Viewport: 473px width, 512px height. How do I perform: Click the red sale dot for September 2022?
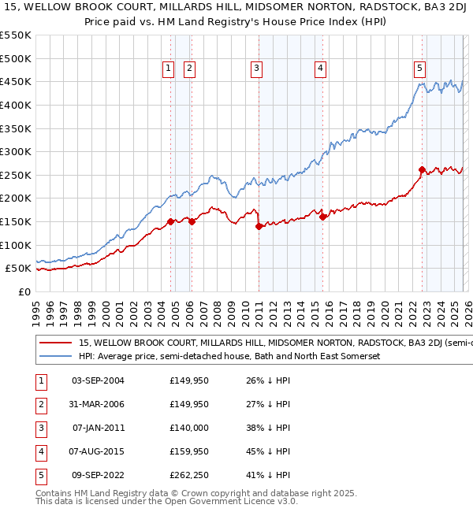(x=422, y=169)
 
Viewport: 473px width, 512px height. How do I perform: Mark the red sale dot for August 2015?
(x=323, y=217)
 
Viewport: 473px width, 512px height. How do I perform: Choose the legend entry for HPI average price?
(x=229, y=357)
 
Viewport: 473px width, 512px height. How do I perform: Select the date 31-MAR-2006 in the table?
(x=98, y=405)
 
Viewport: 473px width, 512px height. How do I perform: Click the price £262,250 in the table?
(x=189, y=475)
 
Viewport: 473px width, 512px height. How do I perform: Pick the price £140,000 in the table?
(x=189, y=428)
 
